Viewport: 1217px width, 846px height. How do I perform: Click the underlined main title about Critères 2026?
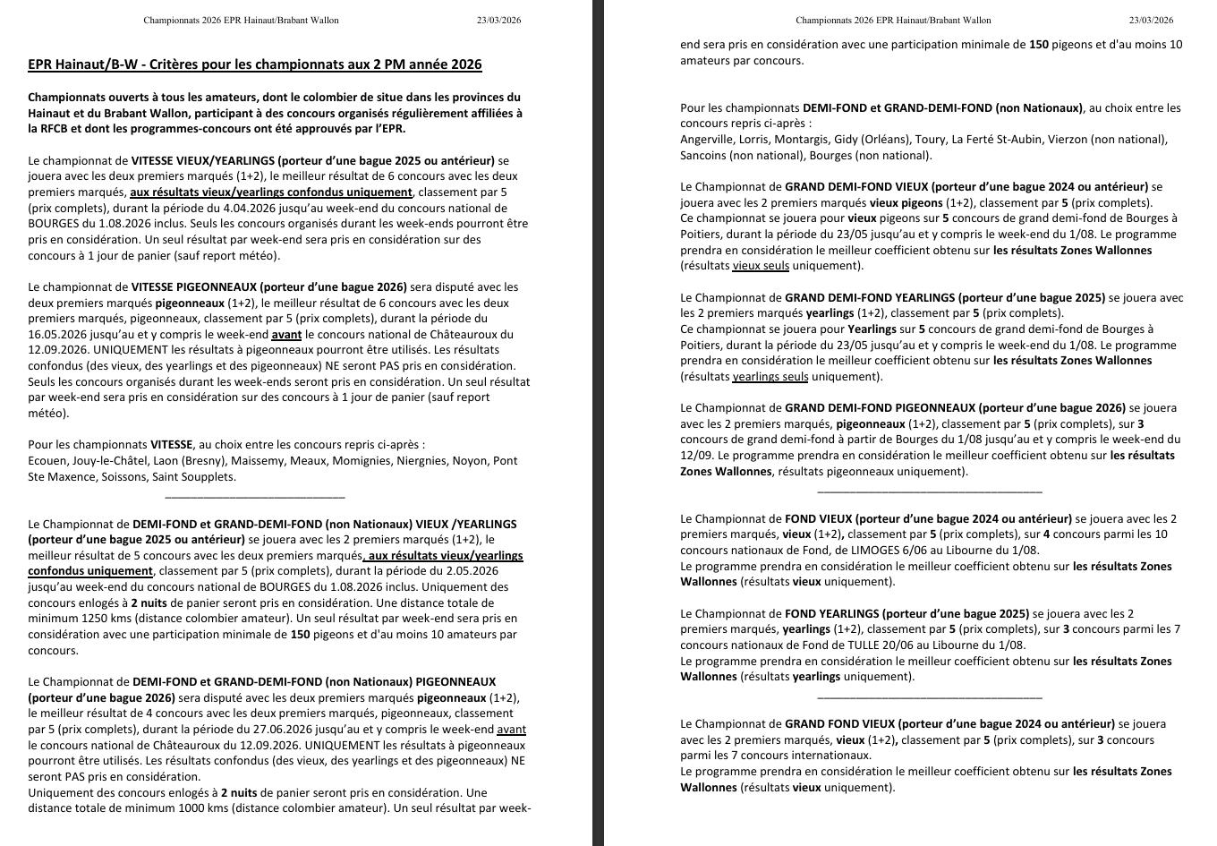tap(255, 64)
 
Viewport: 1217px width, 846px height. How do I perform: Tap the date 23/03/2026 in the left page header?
tap(498, 20)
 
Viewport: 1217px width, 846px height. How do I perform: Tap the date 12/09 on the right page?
tap(695, 455)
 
